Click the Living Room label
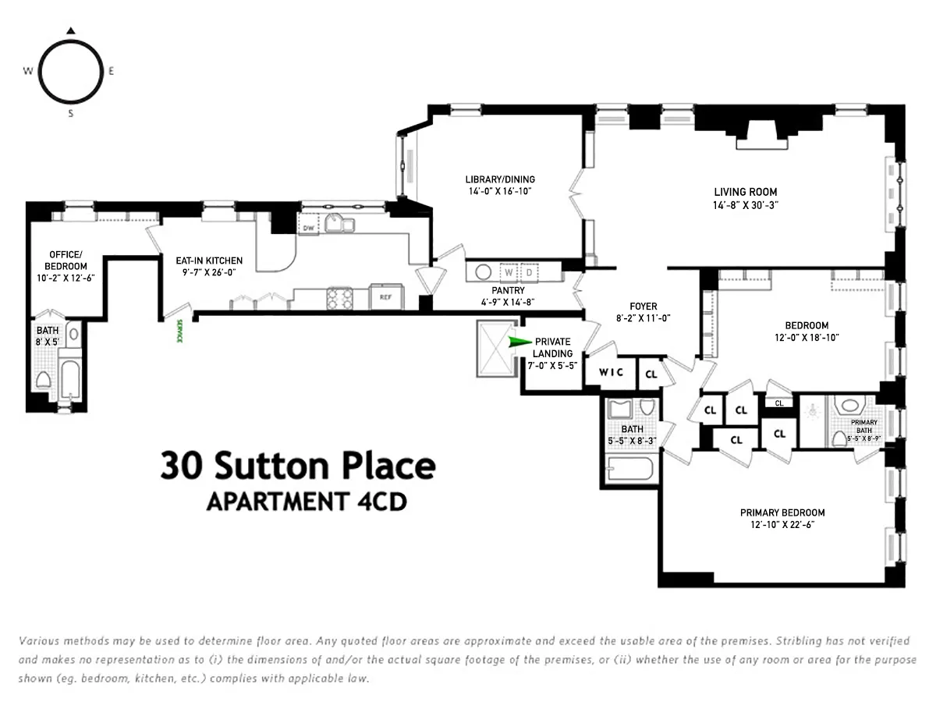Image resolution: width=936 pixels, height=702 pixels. (x=746, y=192)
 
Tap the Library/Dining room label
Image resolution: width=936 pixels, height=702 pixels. (x=500, y=179)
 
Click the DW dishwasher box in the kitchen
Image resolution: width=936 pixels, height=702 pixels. (x=309, y=229)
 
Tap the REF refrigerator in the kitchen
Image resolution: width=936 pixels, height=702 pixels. (x=385, y=297)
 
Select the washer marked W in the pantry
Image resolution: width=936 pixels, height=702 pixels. (x=509, y=273)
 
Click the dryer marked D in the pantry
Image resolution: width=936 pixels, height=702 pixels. (x=528, y=273)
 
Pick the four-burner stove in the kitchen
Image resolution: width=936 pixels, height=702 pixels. (x=341, y=298)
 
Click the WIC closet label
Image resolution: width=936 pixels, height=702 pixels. (x=611, y=372)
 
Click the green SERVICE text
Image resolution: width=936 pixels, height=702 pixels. (x=179, y=333)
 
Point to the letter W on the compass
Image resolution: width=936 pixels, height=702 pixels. (x=27, y=71)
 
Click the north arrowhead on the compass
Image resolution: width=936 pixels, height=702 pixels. (x=70, y=31)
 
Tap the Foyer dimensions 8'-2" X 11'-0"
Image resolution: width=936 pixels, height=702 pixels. (x=643, y=317)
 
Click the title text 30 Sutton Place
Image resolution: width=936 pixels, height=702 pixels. (x=298, y=466)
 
